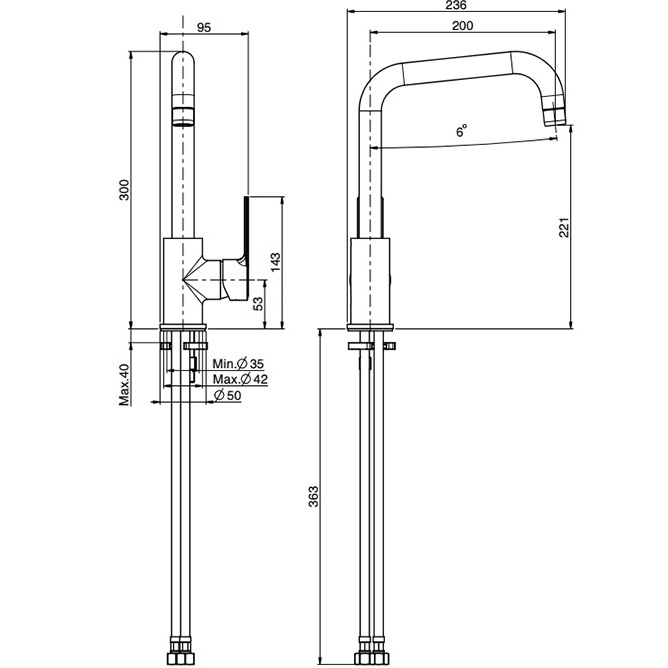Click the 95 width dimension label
pyautogui.click(x=204, y=27)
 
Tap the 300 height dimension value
pyautogui.click(x=124, y=190)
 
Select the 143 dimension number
pyautogui.click(x=275, y=262)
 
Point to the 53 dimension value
pyautogui.click(x=258, y=303)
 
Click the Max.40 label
pyautogui.click(x=124, y=385)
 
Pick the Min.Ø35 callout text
pyautogui.click(x=238, y=364)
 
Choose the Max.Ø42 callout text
pyautogui.click(x=240, y=379)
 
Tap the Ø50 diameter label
pyautogui.click(x=227, y=395)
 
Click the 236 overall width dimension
pyautogui.click(x=456, y=5)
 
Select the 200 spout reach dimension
pyautogui.click(x=462, y=26)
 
